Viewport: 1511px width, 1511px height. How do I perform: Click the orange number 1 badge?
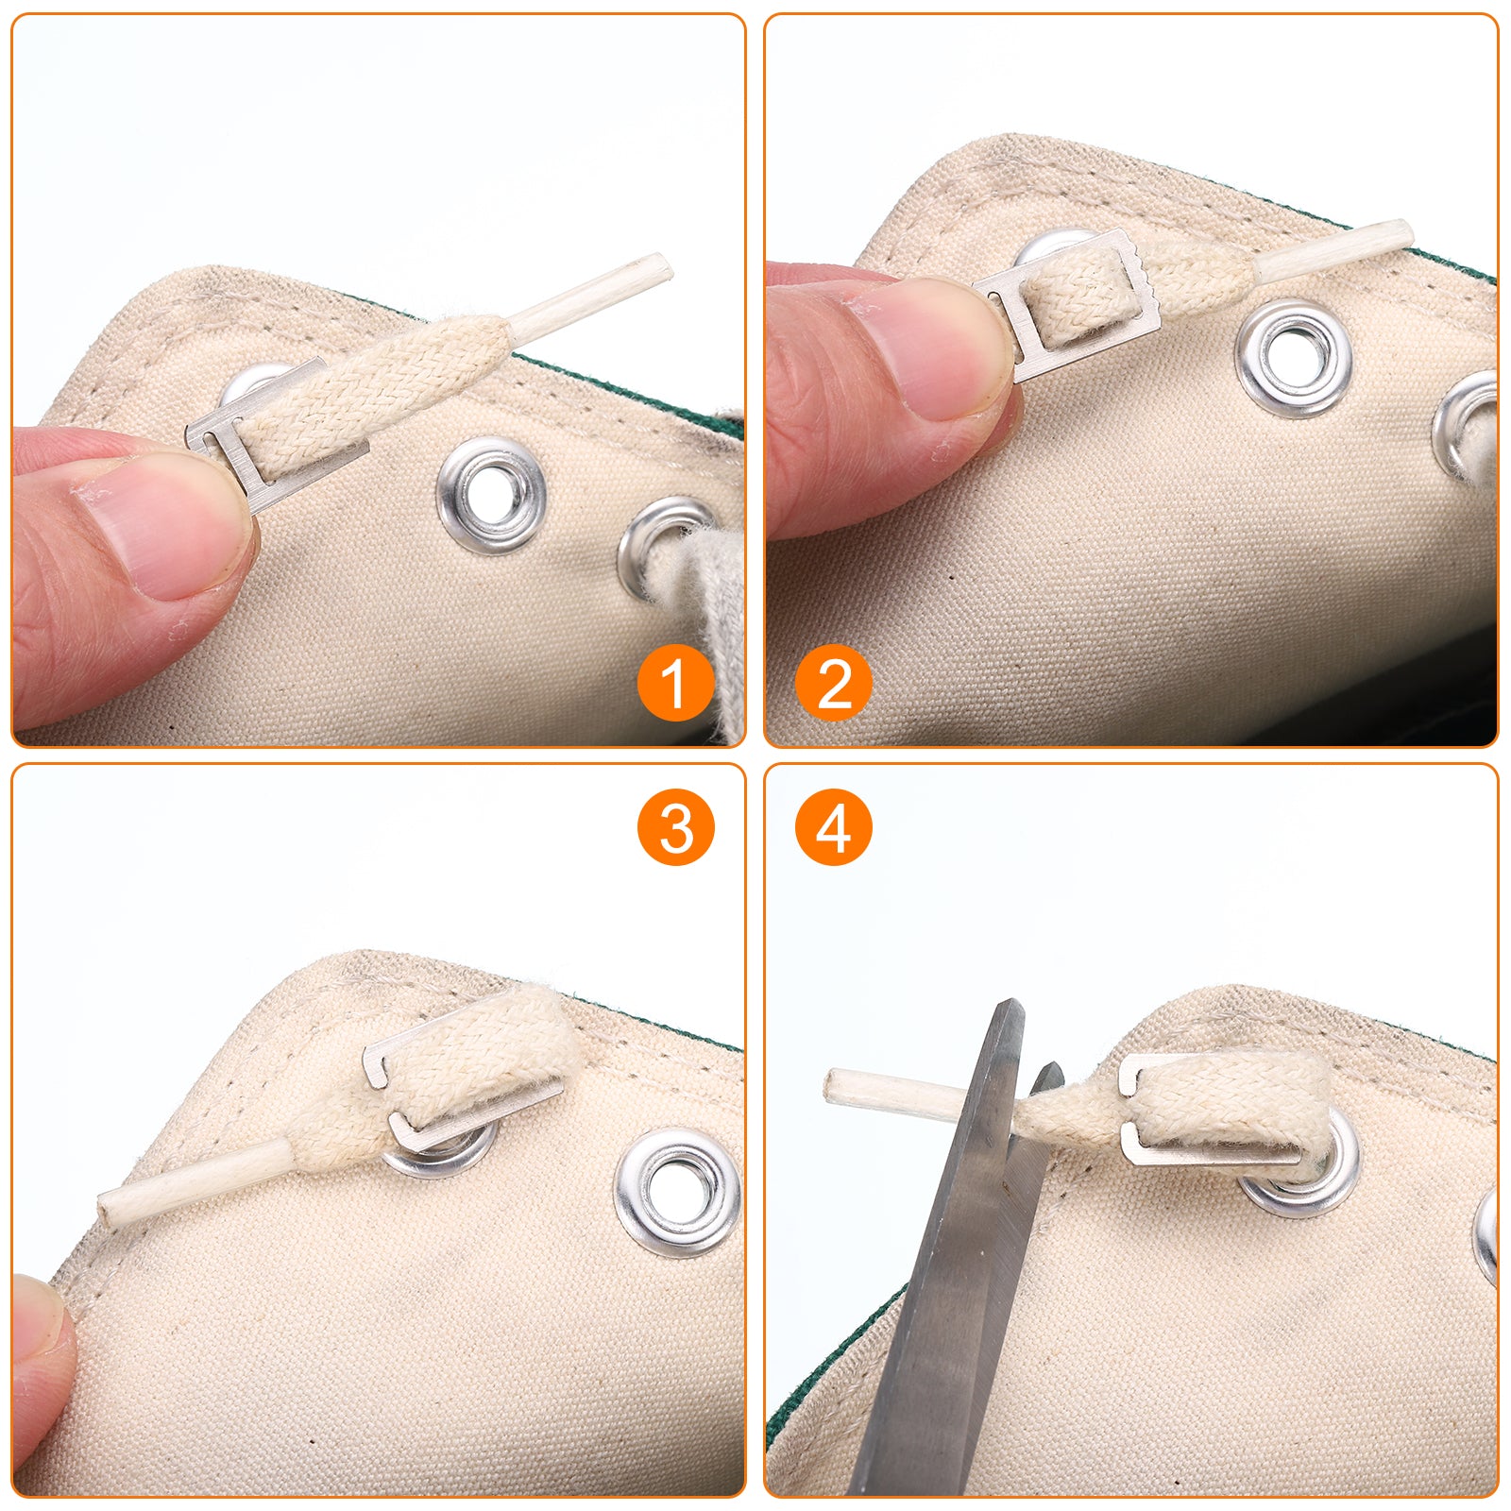tap(675, 683)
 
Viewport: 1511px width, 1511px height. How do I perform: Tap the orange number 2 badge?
tap(834, 683)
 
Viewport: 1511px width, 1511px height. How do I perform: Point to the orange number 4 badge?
tap(834, 827)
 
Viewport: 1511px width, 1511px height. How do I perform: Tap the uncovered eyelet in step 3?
tap(677, 1192)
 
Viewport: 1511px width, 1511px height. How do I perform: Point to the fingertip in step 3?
tap(38, 1360)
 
